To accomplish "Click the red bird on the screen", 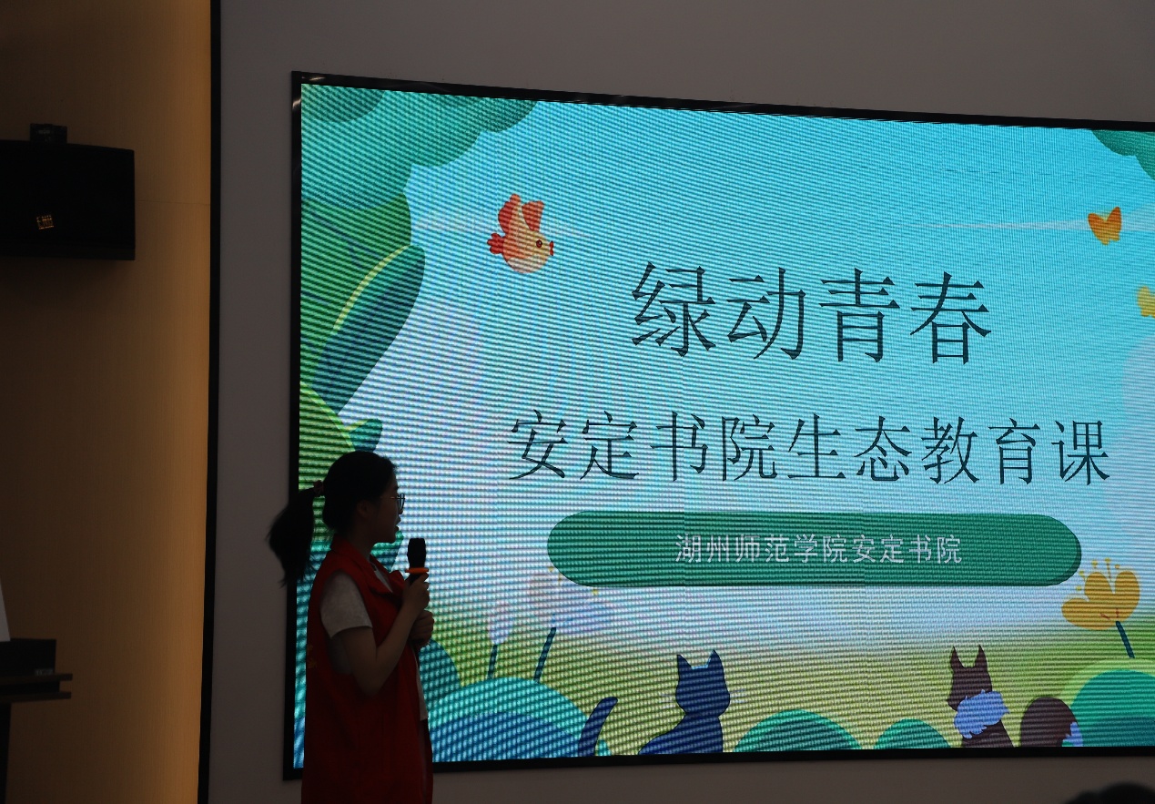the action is coord(520,234).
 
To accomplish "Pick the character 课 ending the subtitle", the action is coord(1082,453).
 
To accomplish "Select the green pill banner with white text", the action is coord(815,550).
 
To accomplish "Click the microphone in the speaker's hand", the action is coord(417,561).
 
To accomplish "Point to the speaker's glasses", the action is coord(397,501).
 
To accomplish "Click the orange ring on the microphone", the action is coord(417,570).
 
